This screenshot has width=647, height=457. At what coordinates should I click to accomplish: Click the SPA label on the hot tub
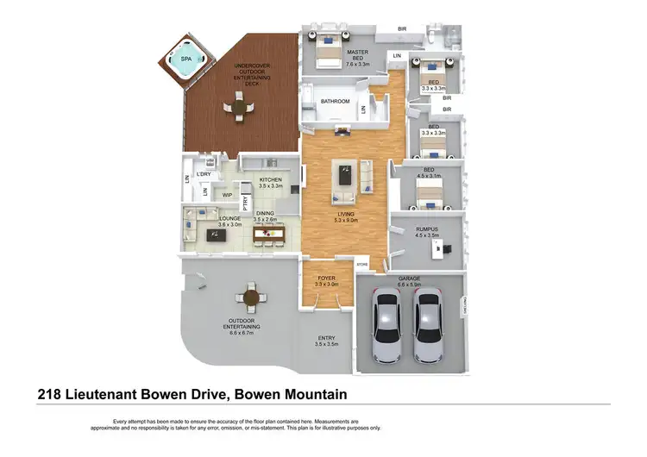point(186,59)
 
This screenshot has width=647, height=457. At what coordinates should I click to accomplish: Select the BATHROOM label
point(336,102)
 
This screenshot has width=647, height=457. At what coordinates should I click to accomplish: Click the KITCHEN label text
point(272,179)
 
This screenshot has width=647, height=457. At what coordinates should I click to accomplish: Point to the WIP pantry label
point(229,196)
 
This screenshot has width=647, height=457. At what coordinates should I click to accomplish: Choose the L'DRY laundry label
point(204,175)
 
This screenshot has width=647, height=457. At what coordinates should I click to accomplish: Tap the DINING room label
point(265,215)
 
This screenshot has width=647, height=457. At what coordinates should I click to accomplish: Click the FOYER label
point(325,278)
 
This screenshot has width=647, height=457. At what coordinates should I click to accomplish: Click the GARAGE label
point(409,279)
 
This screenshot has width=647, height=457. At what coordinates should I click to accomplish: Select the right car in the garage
point(429,326)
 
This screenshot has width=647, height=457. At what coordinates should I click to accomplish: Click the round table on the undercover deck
point(236,107)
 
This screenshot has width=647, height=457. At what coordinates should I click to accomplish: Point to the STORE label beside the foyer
point(363,265)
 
